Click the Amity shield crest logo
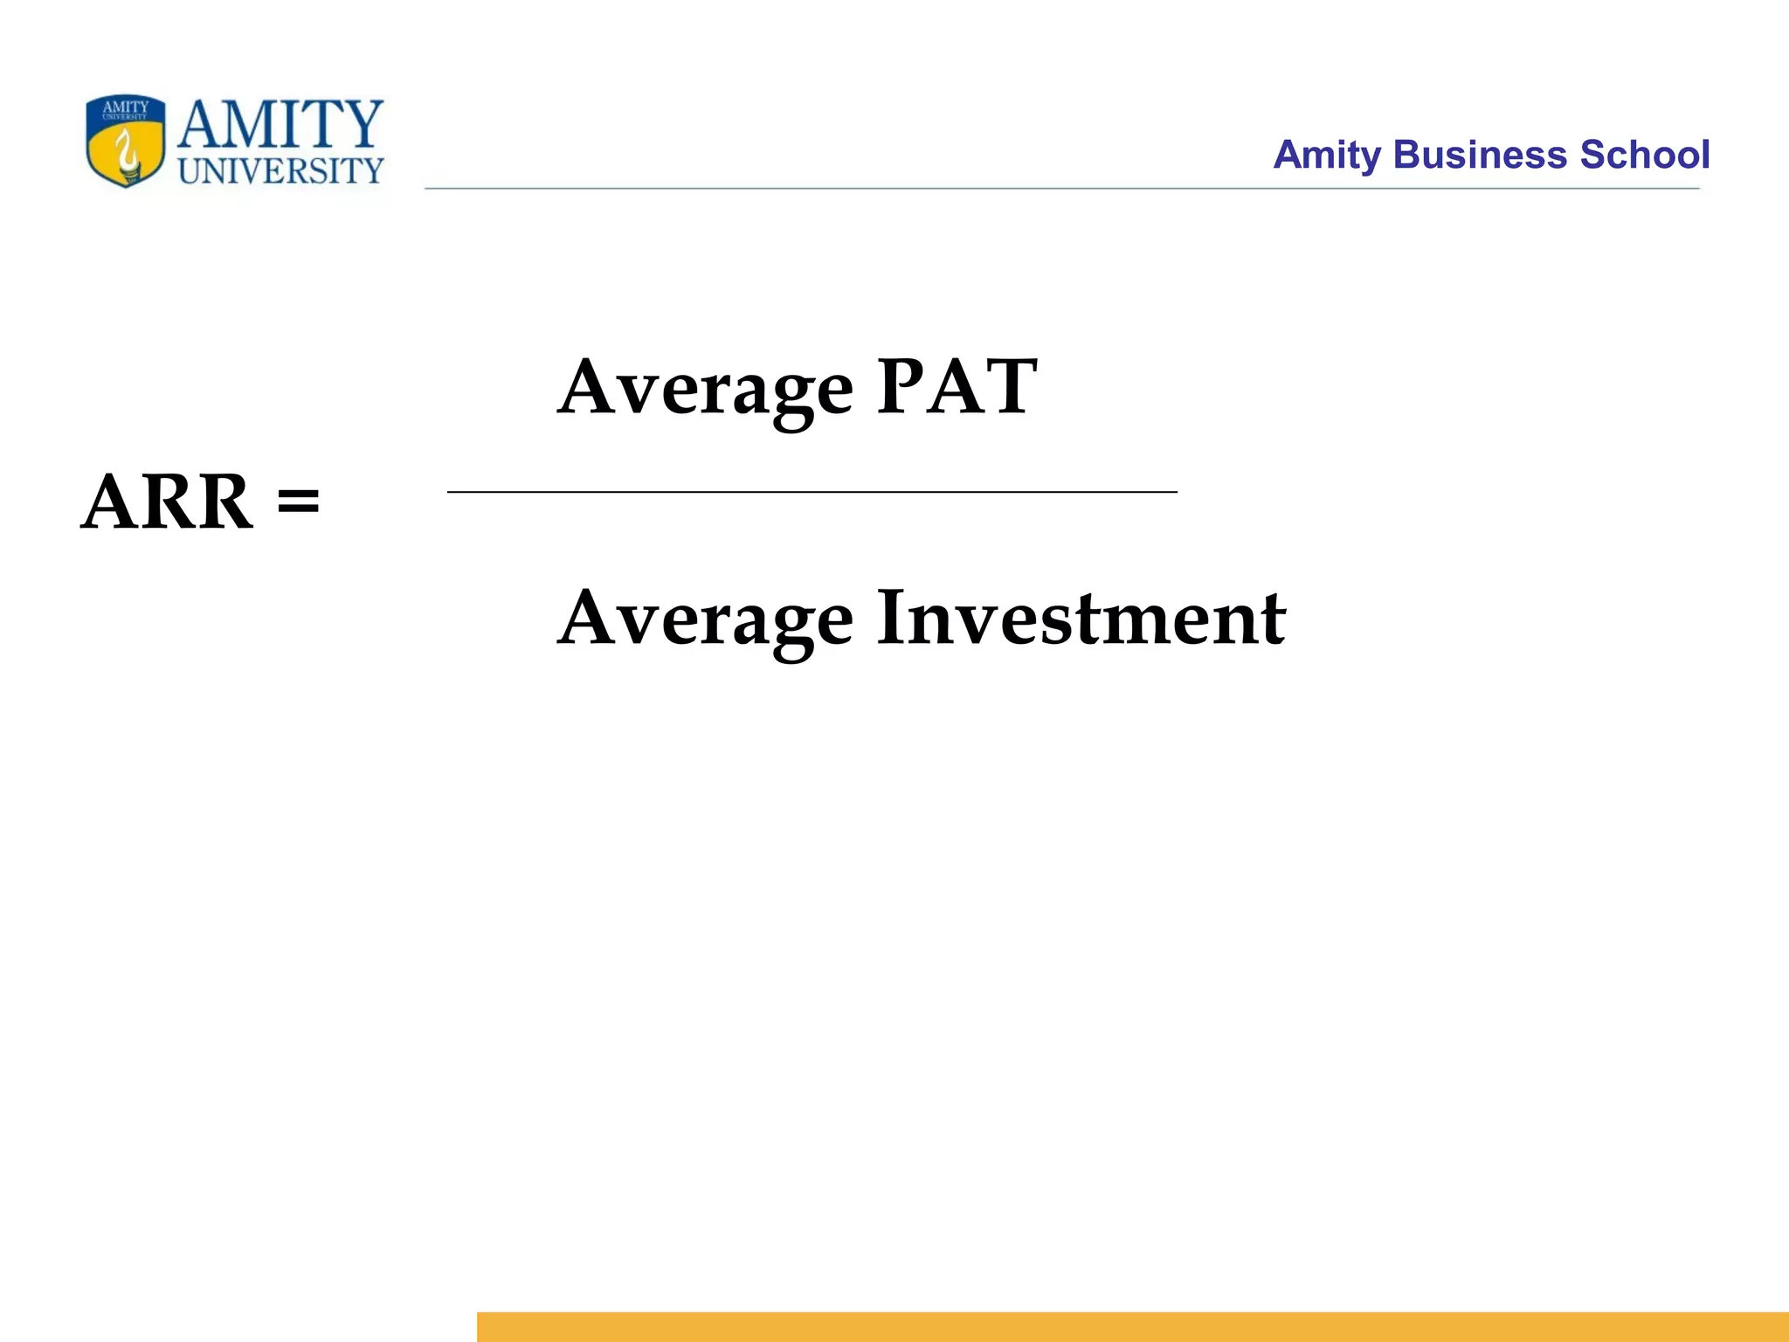pyautogui.click(x=126, y=142)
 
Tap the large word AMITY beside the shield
pyautogui.click(x=280, y=125)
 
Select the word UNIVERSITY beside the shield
pyautogui.click(x=280, y=170)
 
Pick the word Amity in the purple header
pyautogui.click(x=1327, y=156)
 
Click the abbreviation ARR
pyautogui.click(x=167, y=502)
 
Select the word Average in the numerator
pyautogui.click(x=705, y=389)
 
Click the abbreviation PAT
pyautogui.click(x=957, y=387)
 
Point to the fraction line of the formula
pyautogui.click(x=812, y=493)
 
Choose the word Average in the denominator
pyautogui.click(x=705, y=619)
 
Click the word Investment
pyautogui.click(x=1081, y=618)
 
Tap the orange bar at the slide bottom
pyautogui.click(x=1132, y=1326)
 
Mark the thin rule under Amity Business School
pyautogui.click(x=1061, y=188)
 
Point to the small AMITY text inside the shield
pyautogui.click(x=126, y=107)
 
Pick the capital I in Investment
pyautogui.click(x=893, y=618)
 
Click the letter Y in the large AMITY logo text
pyautogui.click(x=359, y=124)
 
